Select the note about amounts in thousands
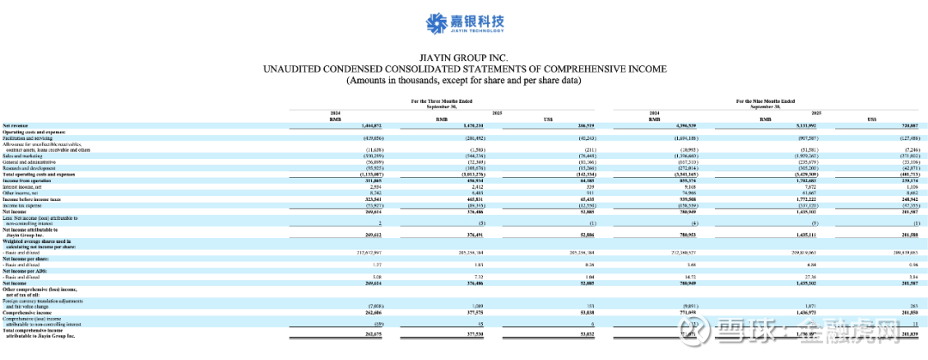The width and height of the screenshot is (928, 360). click(464, 80)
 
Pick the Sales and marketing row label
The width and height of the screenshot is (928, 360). click(23, 155)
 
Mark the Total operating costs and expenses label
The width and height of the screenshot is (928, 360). click(39, 174)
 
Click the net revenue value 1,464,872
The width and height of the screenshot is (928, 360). click(344, 125)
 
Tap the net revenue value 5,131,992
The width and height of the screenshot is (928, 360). click(779, 125)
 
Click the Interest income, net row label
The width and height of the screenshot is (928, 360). click(25, 186)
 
